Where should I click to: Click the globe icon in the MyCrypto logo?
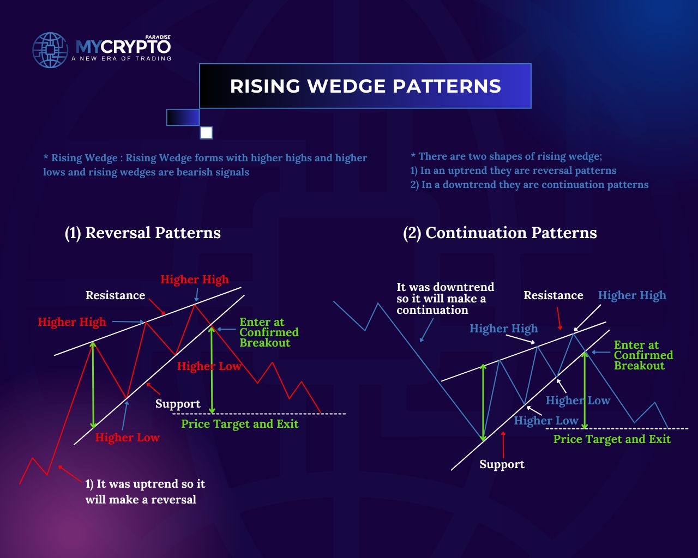click(50, 50)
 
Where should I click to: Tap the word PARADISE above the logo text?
click(158, 37)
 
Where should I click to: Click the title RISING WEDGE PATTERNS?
click(365, 86)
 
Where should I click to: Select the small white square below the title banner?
click(206, 132)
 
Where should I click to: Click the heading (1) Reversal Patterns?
click(143, 233)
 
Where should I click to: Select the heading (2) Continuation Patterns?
click(500, 233)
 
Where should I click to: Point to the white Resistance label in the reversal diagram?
click(116, 295)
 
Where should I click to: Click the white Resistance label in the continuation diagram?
click(553, 295)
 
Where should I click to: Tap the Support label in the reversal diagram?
click(178, 404)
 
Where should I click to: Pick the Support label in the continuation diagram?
click(502, 464)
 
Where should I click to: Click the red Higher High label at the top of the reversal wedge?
click(195, 280)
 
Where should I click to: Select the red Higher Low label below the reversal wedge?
click(128, 438)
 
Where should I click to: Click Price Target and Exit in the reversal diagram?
click(240, 424)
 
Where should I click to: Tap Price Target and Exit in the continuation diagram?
click(612, 439)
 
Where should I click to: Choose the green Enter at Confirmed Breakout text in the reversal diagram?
click(269, 332)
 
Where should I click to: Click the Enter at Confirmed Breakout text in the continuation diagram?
click(643, 355)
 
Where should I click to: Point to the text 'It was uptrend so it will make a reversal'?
click(145, 492)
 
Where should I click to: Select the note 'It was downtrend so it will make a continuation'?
click(446, 299)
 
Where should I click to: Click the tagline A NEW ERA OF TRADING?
click(122, 58)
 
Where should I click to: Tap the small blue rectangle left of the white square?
click(183, 117)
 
